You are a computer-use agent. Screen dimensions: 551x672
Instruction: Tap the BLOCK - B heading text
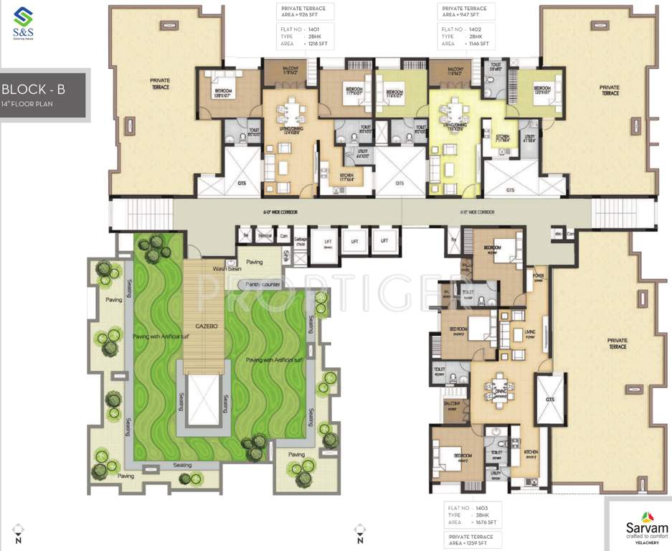click(33, 90)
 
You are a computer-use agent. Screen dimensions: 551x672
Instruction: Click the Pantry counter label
click(263, 284)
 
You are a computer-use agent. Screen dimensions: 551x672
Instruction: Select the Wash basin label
click(225, 269)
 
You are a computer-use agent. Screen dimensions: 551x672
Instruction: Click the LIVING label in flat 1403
click(529, 331)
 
